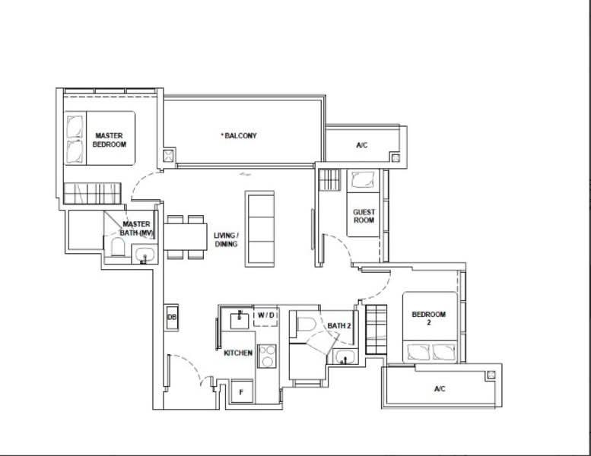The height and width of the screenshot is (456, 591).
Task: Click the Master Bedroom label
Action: (110, 140)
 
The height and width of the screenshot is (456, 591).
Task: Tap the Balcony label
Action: (239, 135)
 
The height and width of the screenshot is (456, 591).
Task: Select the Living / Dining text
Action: (226, 239)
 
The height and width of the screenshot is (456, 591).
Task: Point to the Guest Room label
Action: (364, 216)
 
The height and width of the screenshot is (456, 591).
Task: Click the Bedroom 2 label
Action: (428, 318)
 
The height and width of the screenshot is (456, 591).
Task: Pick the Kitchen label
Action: (238, 353)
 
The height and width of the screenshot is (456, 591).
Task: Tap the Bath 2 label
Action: (339, 326)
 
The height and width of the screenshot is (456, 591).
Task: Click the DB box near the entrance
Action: (172, 318)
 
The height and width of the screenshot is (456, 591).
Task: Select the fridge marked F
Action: (242, 391)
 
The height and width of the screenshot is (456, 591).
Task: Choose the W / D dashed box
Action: (265, 316)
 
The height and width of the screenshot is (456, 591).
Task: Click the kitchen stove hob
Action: (267, 356)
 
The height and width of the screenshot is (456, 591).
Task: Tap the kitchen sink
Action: (240, 320)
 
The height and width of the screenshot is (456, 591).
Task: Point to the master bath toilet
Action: (118, 247)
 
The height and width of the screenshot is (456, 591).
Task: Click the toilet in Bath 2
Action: (305, 325)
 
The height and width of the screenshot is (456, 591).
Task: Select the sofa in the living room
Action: (259, 229)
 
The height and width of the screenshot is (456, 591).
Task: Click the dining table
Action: (186, 237)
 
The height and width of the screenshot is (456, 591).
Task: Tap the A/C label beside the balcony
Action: (361, 145)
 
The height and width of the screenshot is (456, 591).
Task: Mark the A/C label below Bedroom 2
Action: (440, 388)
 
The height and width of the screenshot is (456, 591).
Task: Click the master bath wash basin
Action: (145, 255)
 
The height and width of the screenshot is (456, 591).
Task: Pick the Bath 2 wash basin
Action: (345, 356)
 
